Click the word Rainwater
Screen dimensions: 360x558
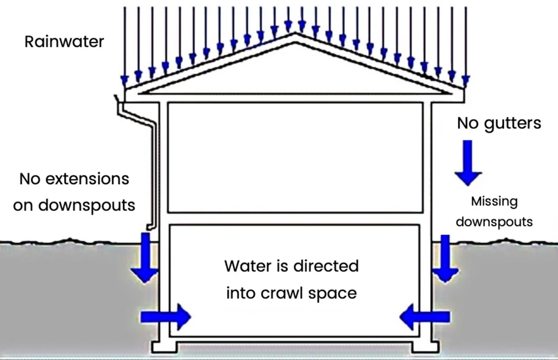[x=64, y=42]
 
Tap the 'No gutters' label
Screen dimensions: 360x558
[x=499, y=123]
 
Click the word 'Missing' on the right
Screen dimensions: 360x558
[x=494, y=201]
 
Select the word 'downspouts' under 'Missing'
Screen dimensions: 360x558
[x=494, y=222]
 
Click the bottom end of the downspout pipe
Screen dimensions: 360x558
[x=150, y=227]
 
